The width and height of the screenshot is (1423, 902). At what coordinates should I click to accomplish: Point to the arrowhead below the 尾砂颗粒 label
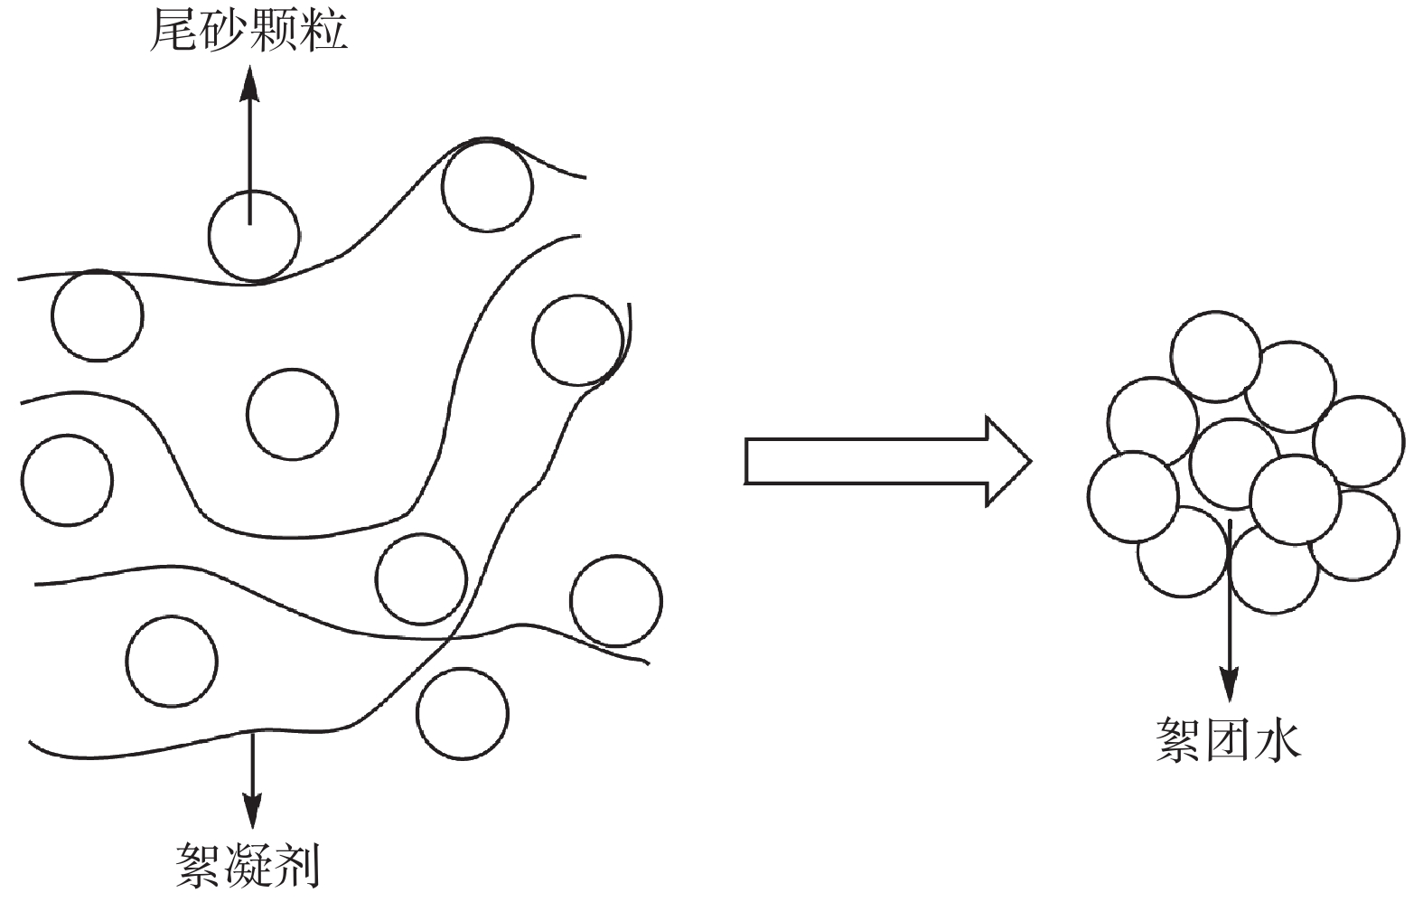(x=250, y=83)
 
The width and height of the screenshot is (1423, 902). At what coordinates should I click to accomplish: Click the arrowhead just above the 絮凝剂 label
(x=252, y=813)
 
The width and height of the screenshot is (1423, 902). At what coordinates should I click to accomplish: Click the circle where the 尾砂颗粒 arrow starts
(x=253, y=235)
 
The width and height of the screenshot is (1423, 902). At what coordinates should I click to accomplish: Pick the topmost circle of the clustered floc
(x=1215, y=356)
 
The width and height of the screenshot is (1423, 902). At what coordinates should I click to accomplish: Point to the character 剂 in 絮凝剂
(x=297, y=865)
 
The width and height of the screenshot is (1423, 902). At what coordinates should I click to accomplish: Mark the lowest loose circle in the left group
(x=462, y=713)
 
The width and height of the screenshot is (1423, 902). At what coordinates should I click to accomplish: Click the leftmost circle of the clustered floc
(x=1133, y=497)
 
